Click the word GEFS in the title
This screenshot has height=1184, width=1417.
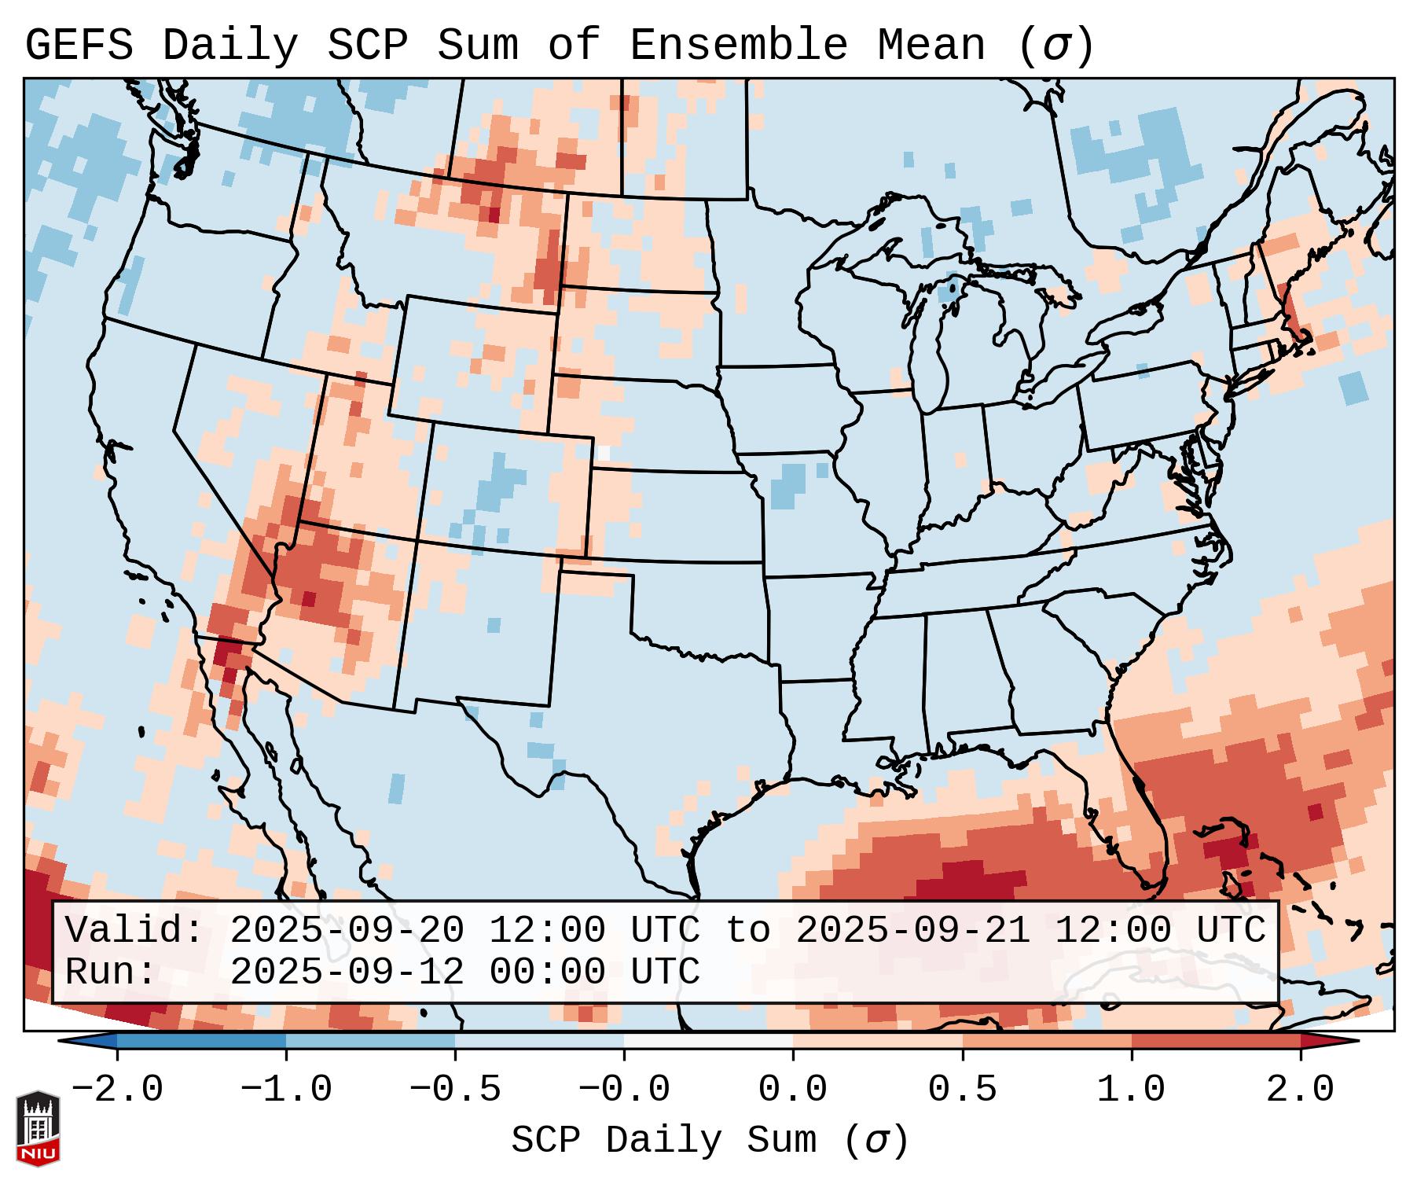pyautogui.click(x=79, y=45)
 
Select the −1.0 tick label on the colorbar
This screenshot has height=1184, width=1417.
pyautogui.click(x=285, y=1090)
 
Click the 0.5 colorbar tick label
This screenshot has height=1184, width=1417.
pyautogui.click(x=962, y=1090)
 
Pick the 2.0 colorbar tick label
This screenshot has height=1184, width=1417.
pyautogui.click(x=1300, y=1090)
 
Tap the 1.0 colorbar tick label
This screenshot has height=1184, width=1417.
pyautogui.click(x=1131, y=1090)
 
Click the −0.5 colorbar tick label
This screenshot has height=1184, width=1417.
pyautogui.click(x=455, y=1090)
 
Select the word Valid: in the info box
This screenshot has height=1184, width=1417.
pyautogui.click(x=134, y=931)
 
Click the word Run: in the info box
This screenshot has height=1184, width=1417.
pyautogui.click(x=111, y=972)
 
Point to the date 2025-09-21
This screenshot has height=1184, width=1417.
pyautogui.click(x=912, y=931)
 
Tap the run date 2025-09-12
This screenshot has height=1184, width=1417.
pyautogui.click(x=347, y=972)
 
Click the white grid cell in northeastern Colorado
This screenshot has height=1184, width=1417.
pyautogui.click(x=604, y=453)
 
